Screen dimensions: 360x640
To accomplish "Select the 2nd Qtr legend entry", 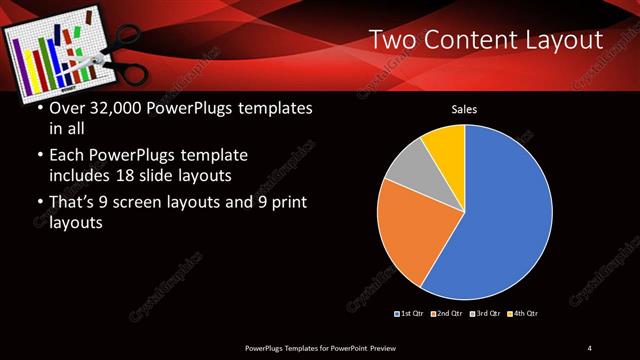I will tap(447, 314).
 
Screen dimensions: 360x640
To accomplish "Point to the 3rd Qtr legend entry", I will tap(485, 314).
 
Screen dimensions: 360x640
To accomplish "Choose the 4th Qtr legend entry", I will tap(522, 314).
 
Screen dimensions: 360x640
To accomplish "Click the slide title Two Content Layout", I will tap(486, 40).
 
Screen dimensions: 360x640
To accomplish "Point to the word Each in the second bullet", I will tap(68, 156).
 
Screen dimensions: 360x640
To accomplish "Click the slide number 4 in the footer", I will tap(589, 347).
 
